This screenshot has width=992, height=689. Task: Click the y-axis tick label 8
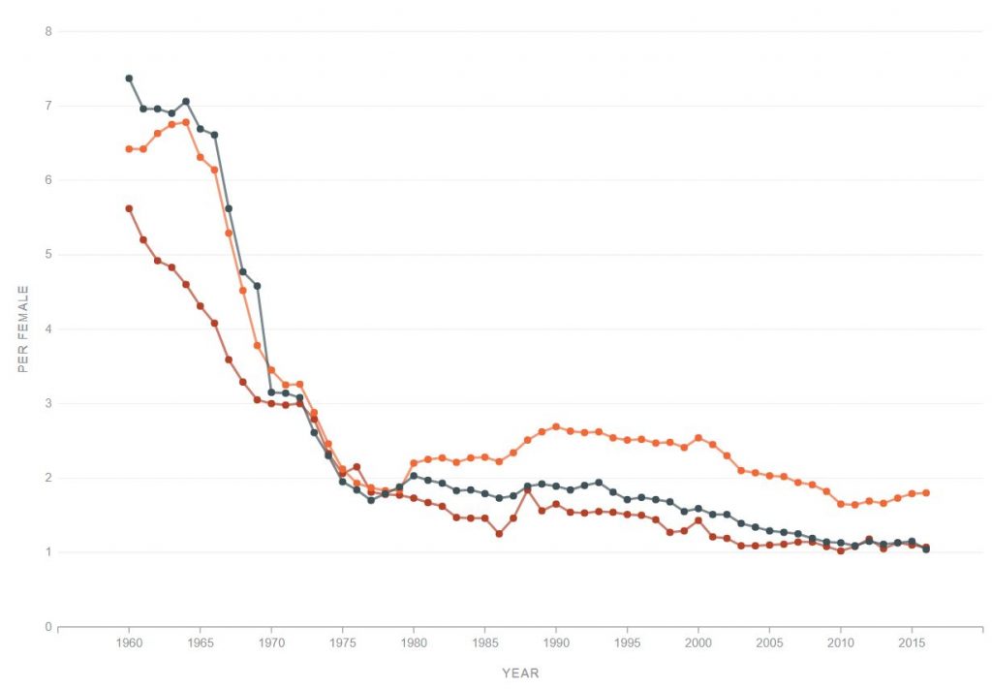tap(47, 31)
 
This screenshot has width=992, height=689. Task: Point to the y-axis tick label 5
tap(47, 255)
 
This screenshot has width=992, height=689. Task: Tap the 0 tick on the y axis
tap(47, 627)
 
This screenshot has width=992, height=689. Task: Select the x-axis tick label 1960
tap(129, 643)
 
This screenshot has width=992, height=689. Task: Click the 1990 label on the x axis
tap(556, 643)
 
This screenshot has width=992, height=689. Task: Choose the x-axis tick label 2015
tap(912, 643)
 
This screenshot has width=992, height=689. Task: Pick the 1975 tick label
tap(342, 643)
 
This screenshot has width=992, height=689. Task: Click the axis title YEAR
tap(520, 673)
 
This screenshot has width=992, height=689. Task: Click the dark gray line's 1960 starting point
tap(129, 78)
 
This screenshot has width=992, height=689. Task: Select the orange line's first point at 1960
tap(129, 149)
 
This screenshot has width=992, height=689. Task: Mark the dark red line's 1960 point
tap(129, 208)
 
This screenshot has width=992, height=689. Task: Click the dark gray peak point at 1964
tap(186, 102)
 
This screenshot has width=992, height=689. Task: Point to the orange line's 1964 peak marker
tap(186, 122)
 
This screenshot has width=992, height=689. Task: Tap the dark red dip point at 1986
tap(499, 534)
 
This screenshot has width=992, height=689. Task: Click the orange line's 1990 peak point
tap(556, 426)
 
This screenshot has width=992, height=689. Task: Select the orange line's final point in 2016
tap(926, 493)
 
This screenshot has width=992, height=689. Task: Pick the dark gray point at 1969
tap(257, 286)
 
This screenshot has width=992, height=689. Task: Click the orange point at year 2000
tap(698, 438)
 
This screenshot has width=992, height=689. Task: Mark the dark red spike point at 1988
tap(527, 489)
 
